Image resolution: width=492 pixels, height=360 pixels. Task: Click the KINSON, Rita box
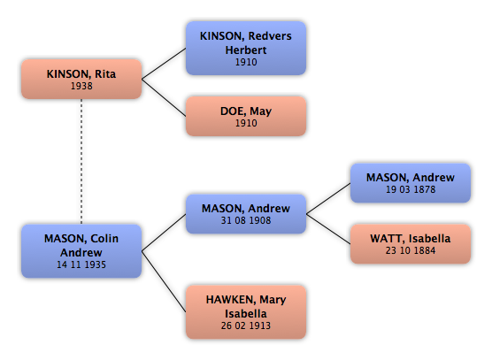(x=81, y=79)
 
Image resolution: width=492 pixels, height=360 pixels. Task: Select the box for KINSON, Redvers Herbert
(x=246, y=48)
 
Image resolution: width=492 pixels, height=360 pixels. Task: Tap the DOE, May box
(x=246, y=116)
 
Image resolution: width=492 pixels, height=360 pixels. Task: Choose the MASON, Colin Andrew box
(x=81, y=251)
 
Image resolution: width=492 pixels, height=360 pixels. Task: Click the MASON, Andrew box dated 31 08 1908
(x=246, y=214)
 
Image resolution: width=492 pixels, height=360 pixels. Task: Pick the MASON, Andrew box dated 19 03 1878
(x=411, y=183)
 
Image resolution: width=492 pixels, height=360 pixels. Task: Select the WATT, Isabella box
(x=411, y=244)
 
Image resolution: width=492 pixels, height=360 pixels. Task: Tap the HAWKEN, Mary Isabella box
(x=246, y=312)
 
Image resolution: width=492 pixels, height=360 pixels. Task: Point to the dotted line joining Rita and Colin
(x=81, y=162)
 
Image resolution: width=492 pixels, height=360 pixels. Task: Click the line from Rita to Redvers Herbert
(x=164, y=64)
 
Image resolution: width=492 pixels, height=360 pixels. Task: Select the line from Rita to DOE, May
(x=164, y=97)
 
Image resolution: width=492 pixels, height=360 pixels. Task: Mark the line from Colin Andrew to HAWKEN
(x=164, y=281)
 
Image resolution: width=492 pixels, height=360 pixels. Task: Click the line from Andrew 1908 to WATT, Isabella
(x=328, y=229)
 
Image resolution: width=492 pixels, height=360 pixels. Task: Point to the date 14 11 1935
(x=81, y=264)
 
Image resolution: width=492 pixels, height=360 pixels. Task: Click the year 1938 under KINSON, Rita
(x=81, y=86)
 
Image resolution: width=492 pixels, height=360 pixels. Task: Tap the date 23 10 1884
(x=411, y=250)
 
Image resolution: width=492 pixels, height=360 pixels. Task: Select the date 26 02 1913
(x=246, y=326)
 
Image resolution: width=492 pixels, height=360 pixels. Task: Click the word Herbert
(x=246, y=50)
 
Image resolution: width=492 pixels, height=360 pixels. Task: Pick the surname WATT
(x=388, y=238)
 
